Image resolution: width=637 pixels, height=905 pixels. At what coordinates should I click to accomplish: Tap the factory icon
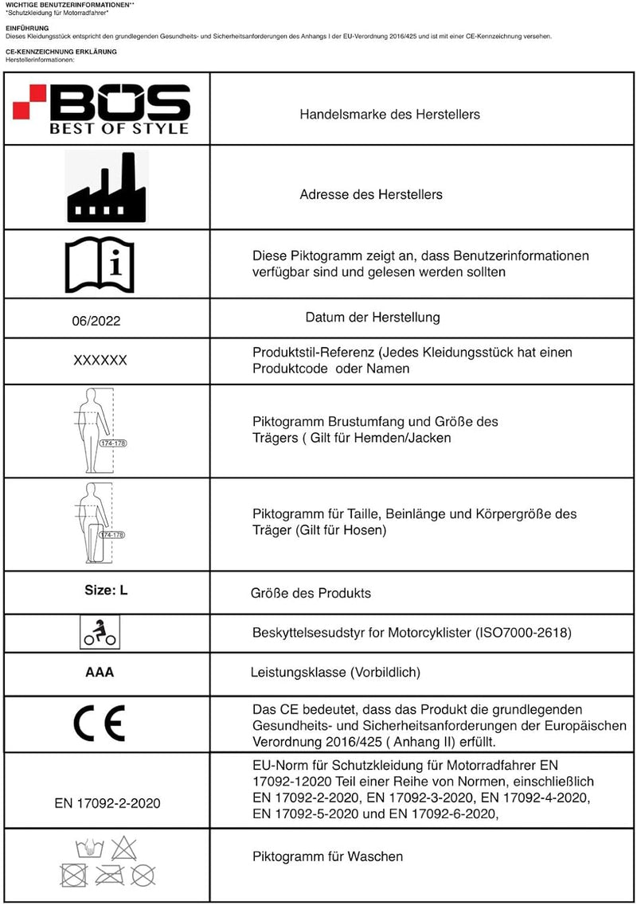point(107,188)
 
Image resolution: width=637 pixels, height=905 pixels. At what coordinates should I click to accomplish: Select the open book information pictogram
point(100,265)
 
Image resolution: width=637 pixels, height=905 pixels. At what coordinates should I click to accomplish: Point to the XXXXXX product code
point(100,361)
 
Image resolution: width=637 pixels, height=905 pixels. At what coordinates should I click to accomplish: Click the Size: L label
point(106,591)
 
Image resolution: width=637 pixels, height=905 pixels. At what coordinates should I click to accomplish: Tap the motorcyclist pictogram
point(100,632)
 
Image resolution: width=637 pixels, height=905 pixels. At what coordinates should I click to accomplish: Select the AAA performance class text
point(100,672)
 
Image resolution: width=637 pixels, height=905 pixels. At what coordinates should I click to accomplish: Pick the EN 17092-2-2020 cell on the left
point(107,803)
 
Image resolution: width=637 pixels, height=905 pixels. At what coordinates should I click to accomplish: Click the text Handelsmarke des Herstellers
point(389,115)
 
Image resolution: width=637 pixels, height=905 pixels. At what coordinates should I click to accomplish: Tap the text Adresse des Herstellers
point(371,194)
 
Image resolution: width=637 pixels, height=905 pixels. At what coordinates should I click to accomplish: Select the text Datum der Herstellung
point(373,318)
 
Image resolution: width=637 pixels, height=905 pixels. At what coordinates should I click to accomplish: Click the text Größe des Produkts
point(311,593)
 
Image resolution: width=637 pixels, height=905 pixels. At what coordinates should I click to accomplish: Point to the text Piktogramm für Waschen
point(327,856)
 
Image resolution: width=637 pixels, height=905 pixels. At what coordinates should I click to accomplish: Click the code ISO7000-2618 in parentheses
point(526,634)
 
